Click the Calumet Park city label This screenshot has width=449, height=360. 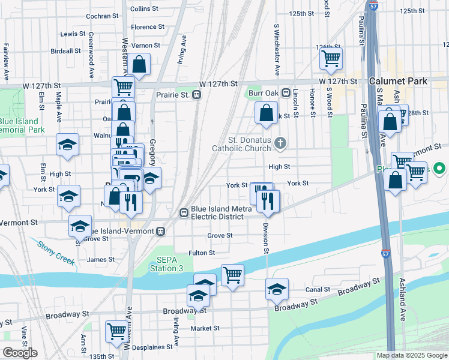coord(399,80)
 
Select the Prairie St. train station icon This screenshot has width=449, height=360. coord(196,95)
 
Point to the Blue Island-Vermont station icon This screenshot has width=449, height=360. coord(160,231)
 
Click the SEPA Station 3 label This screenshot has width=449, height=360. coord(170,264)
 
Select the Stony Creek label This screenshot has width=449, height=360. coord(55,253)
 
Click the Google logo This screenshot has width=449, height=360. coord(20,353)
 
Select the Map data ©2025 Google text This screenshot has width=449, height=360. coord(412,355)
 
